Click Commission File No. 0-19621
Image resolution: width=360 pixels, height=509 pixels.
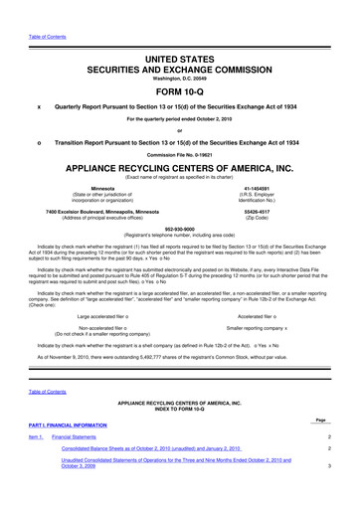point(180,157)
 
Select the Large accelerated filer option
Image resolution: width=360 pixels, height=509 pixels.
point(111,316)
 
